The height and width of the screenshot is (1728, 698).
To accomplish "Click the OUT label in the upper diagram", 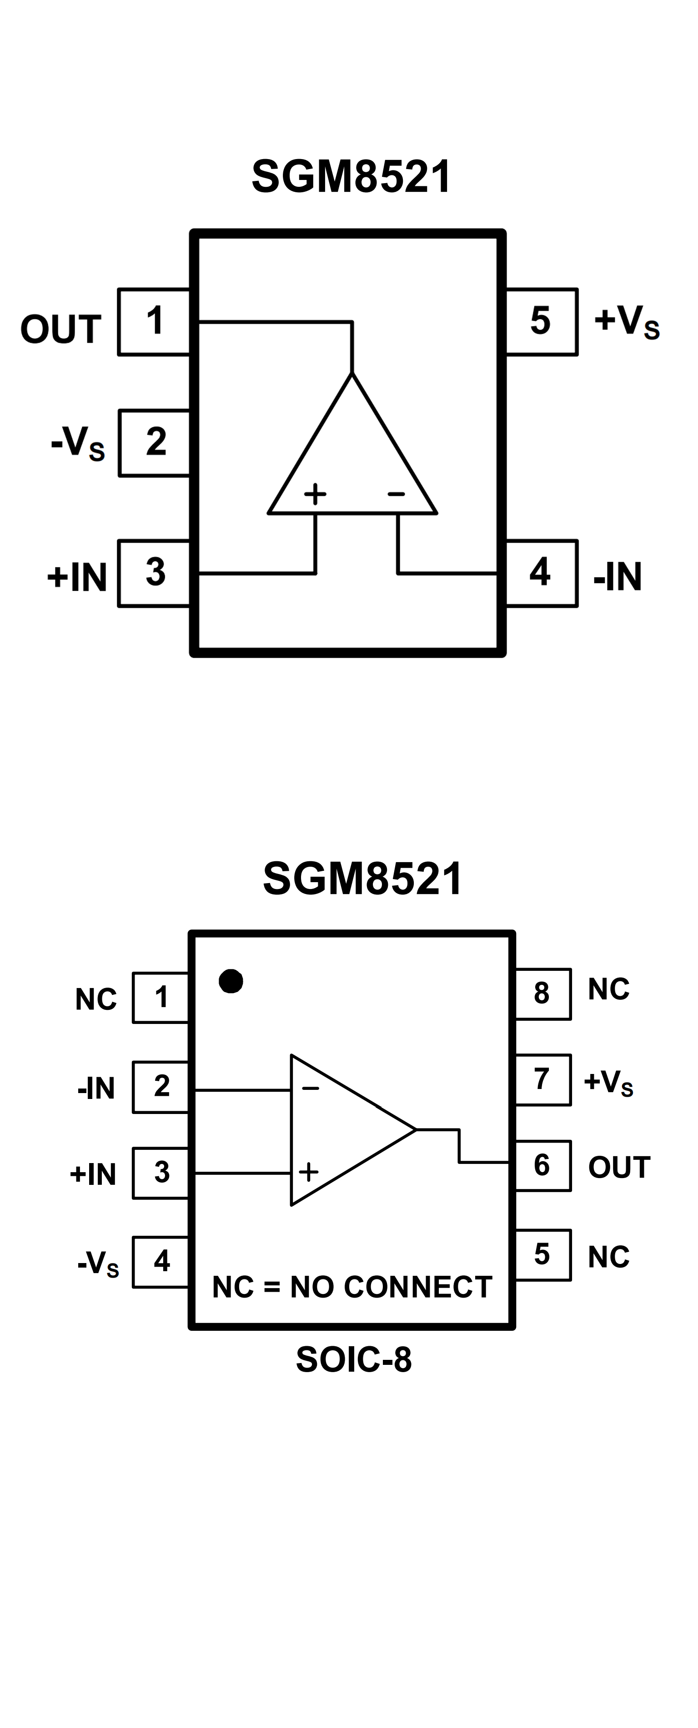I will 60,330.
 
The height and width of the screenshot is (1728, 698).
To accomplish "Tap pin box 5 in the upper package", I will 541,321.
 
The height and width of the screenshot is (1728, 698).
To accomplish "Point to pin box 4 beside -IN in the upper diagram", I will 541,573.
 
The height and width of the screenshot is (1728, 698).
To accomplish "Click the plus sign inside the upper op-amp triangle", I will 315,494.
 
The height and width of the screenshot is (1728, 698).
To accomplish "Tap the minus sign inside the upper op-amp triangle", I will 396,494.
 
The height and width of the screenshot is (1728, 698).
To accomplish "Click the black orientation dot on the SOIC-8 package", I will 231,981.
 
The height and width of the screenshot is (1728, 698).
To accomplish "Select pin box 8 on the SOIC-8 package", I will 542,994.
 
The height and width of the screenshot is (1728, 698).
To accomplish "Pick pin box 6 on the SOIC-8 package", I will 542,1165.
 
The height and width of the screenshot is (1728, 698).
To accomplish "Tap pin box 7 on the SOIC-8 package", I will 542,1079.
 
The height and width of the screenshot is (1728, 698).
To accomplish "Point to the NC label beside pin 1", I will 96,999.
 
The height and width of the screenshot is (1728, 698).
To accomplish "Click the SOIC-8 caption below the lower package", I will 354,1360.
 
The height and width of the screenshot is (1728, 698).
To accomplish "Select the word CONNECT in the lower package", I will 418,1287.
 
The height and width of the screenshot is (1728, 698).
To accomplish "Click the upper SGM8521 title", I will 352,177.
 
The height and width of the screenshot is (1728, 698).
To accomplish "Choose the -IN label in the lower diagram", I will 96,1088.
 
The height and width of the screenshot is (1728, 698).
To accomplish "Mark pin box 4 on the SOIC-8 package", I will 161,1261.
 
